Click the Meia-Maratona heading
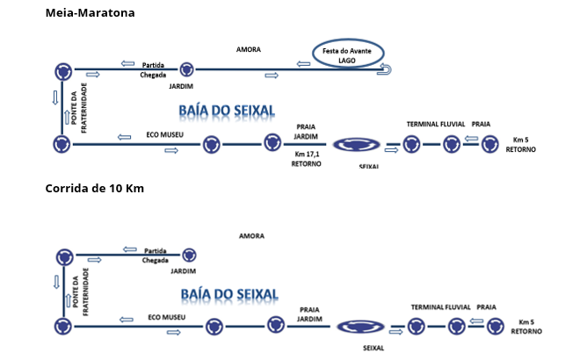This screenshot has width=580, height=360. point(91,13)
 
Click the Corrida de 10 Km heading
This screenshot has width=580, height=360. point(94,189)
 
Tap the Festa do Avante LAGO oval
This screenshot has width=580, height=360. point(348,54)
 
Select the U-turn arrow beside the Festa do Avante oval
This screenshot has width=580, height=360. point(388,68)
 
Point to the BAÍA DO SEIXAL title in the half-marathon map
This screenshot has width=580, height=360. point(227,111)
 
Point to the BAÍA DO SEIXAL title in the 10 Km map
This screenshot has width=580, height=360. point(228,293)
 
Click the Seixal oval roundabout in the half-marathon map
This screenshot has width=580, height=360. point(359,145)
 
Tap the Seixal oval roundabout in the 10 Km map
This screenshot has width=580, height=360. point(362,327)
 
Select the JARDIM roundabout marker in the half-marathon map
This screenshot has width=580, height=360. point(186,68)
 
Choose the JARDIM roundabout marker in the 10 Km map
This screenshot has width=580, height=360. point(188,255)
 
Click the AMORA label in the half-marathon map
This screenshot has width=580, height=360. point(249,49)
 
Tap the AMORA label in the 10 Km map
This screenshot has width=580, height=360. point(251,235)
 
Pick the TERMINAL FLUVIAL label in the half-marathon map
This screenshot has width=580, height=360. point(434,125)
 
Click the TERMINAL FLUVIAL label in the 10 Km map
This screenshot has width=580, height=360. point(441,307)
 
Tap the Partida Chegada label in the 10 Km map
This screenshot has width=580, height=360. point(156,255)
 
